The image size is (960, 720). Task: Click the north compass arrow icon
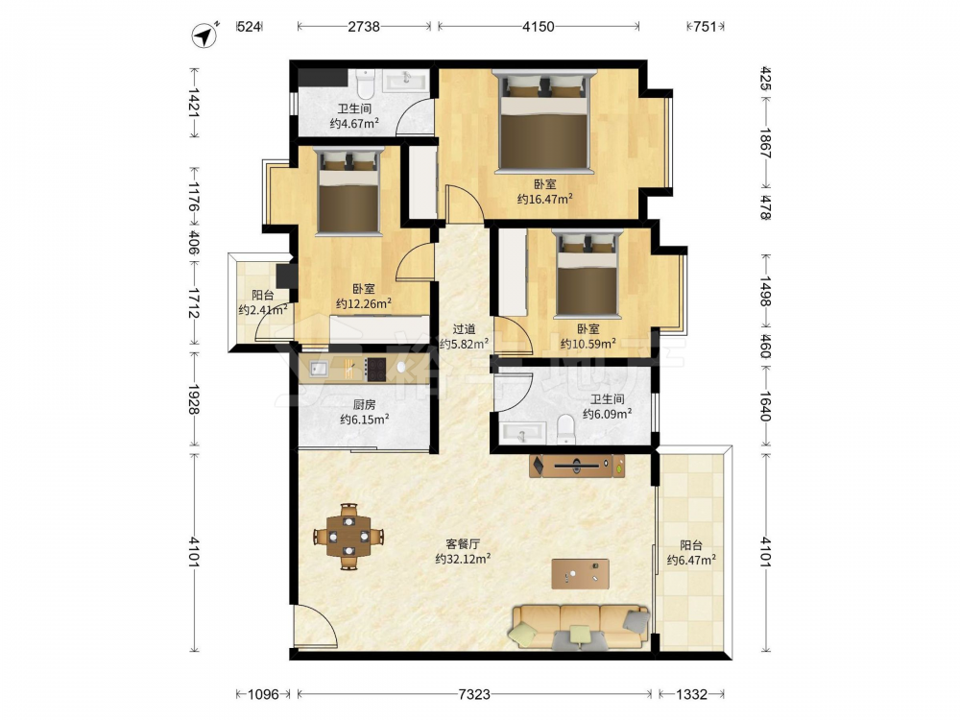[x=205, y=36]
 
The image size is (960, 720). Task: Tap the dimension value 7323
[x=474, y=694]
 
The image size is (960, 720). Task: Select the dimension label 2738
[x=364, y=26]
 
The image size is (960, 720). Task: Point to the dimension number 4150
[x=539, y=26]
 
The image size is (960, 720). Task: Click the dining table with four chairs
[x=348, y=537]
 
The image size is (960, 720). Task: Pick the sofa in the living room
[x=579, y=627]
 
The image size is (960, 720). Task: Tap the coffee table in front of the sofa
[x=580, y=574]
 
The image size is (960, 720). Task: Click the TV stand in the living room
[x=577, y=466]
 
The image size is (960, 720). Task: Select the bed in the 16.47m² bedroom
[x=544, y=122]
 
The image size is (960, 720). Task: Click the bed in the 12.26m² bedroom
[x=349, y=192]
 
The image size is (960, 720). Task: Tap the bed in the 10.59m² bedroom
[x=588, y=275]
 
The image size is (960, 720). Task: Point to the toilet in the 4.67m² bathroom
[x=365, y=84]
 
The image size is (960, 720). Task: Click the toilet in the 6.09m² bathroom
[x=566, y=429]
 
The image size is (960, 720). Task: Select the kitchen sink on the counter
[x=320, y=369]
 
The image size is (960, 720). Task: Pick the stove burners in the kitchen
[x=375, y=370]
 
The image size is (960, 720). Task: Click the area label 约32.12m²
[x=463, y=559]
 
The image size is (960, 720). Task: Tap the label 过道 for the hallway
[x=464, y=329]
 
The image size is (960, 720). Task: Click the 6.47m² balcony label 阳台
[x=691, y=545]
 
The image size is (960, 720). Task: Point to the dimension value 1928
[x=194, y=399]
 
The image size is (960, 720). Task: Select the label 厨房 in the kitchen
[x=364, y=405]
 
